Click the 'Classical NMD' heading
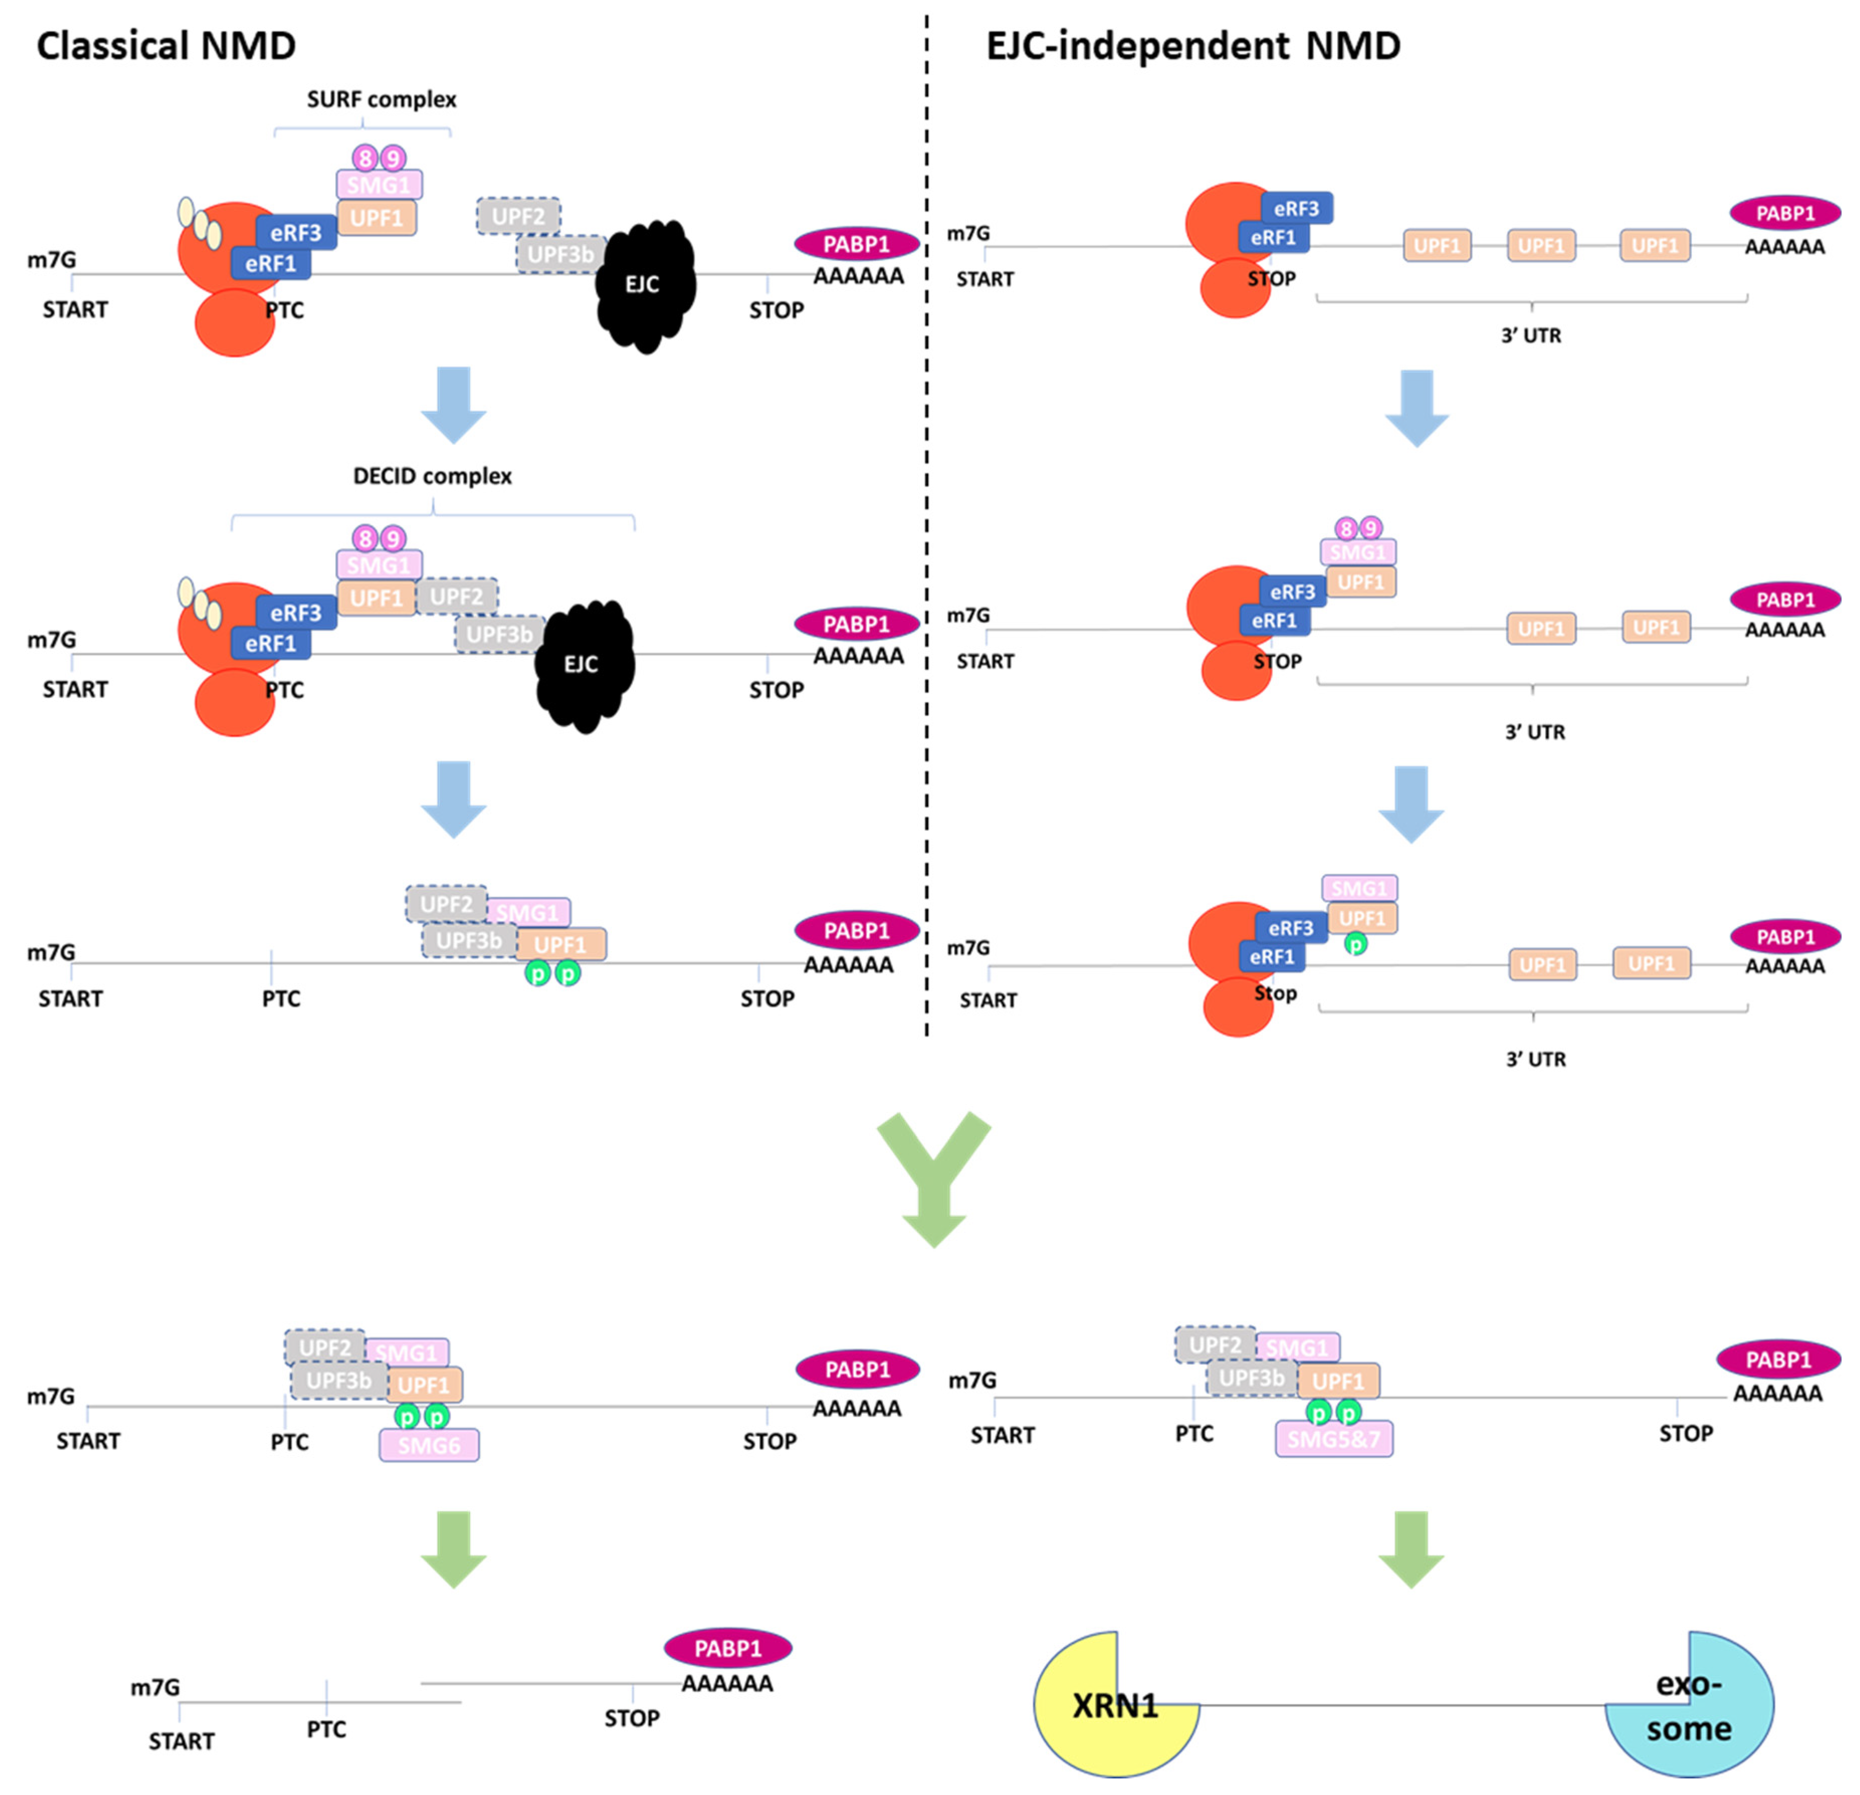tap(166, 46)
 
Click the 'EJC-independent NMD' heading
tap(1193, 46)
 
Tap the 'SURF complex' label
tap(381, 99)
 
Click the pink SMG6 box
tap(429, 1445)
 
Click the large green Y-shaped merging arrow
tap(934, 1176)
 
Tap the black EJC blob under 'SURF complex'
tap(644, 285)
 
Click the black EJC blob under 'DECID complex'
tap(583, 664)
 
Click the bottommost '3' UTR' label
tap(1536, 1059)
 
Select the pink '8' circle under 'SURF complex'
tap(365, 158)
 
